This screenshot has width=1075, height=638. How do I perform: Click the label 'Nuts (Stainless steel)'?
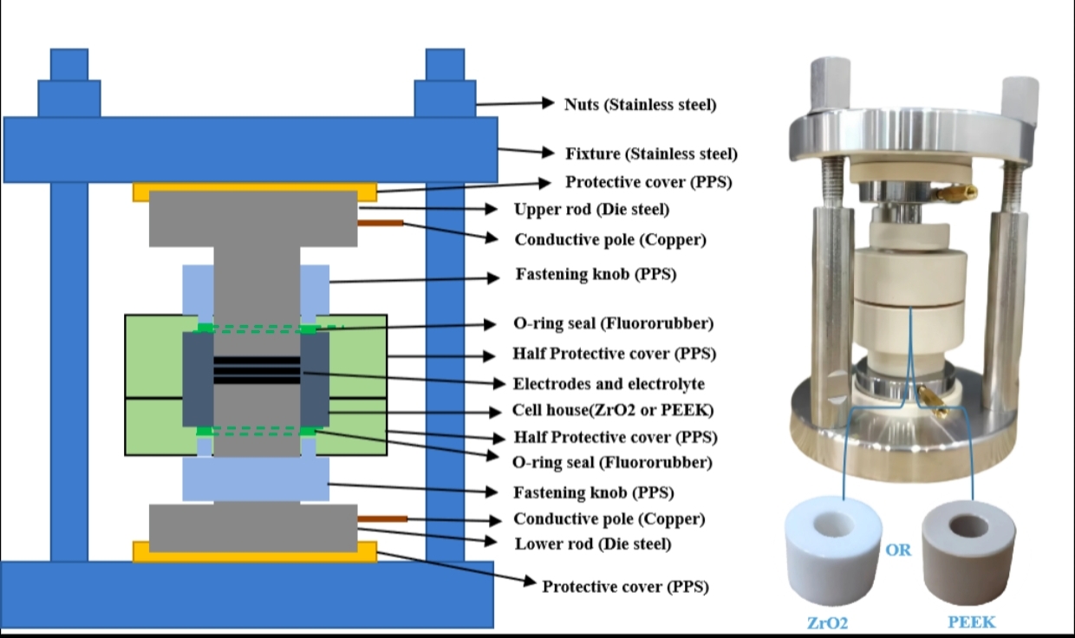(641, 105)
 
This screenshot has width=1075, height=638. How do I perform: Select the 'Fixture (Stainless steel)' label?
(651, 154)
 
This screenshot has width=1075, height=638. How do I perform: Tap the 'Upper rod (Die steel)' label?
(591, 210)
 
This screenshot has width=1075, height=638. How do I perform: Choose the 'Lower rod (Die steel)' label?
(593, 544)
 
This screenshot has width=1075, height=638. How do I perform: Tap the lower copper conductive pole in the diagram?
(382, 519)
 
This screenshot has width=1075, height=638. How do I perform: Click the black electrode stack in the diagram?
(257, 371)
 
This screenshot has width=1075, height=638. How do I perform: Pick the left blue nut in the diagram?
(68, 84)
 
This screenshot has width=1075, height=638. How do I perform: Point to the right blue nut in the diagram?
(445, 84)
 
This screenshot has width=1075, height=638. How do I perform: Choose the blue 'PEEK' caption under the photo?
(971, 622)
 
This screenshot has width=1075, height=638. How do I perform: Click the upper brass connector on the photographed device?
(962, 192)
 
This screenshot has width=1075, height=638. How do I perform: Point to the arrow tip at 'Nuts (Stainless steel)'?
(552, 103)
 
